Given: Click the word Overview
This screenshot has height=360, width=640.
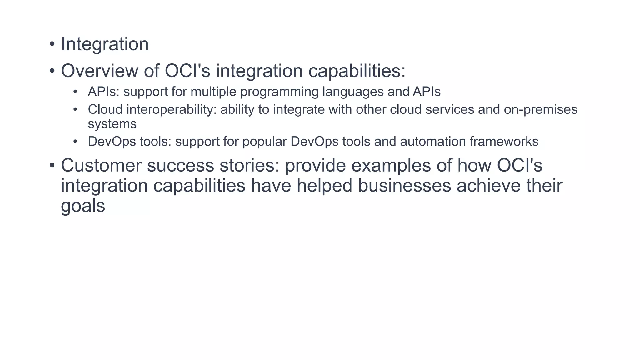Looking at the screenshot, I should click(99, 71).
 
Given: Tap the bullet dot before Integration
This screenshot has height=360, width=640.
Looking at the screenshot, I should click(52, 44).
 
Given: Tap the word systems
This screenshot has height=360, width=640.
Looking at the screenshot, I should click(112, 124).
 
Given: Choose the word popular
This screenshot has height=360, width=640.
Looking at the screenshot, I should click(264, 142).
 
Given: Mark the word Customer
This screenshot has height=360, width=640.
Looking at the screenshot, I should click(101, 165).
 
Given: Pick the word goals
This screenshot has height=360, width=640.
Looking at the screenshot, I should click(83, 206).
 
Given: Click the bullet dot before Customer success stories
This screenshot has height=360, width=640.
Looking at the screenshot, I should click(52, 165).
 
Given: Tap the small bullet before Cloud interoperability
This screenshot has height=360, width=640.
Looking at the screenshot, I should click(75, 110).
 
